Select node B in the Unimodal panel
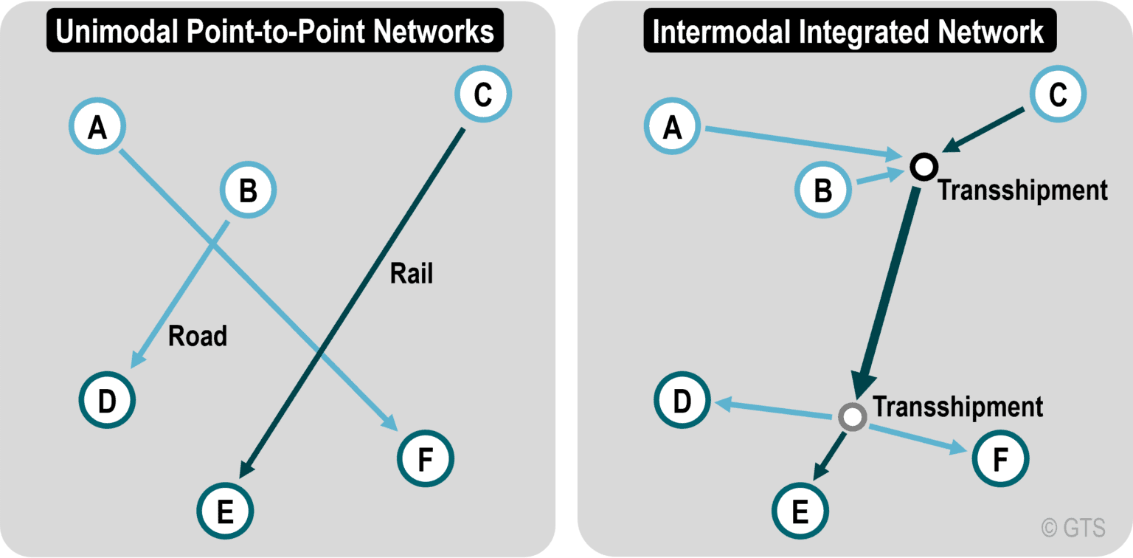248,191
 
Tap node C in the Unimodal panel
482,95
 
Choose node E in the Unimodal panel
226,509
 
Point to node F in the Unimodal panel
426,459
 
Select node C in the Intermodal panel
1057,95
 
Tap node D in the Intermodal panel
682,401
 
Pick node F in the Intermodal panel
1000,459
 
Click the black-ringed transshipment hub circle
923,167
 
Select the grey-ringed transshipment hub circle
852,417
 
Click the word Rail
412,274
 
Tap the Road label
198,336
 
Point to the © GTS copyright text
1073,527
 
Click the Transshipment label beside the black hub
1022,190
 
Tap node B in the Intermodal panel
822,191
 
